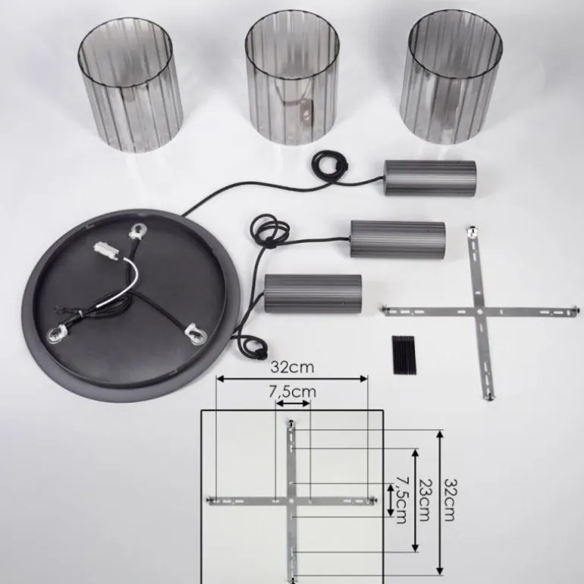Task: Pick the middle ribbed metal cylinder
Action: pos(397,239)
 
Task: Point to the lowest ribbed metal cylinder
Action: pos(312,292)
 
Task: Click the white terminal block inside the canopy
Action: pos(105,249)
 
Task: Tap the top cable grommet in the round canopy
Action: pos(140,229)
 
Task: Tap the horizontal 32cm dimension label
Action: pos(292,367)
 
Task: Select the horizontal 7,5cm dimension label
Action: pos(292,392)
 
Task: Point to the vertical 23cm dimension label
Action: pos(425,500)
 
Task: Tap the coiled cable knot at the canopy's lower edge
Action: pos(255,349)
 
